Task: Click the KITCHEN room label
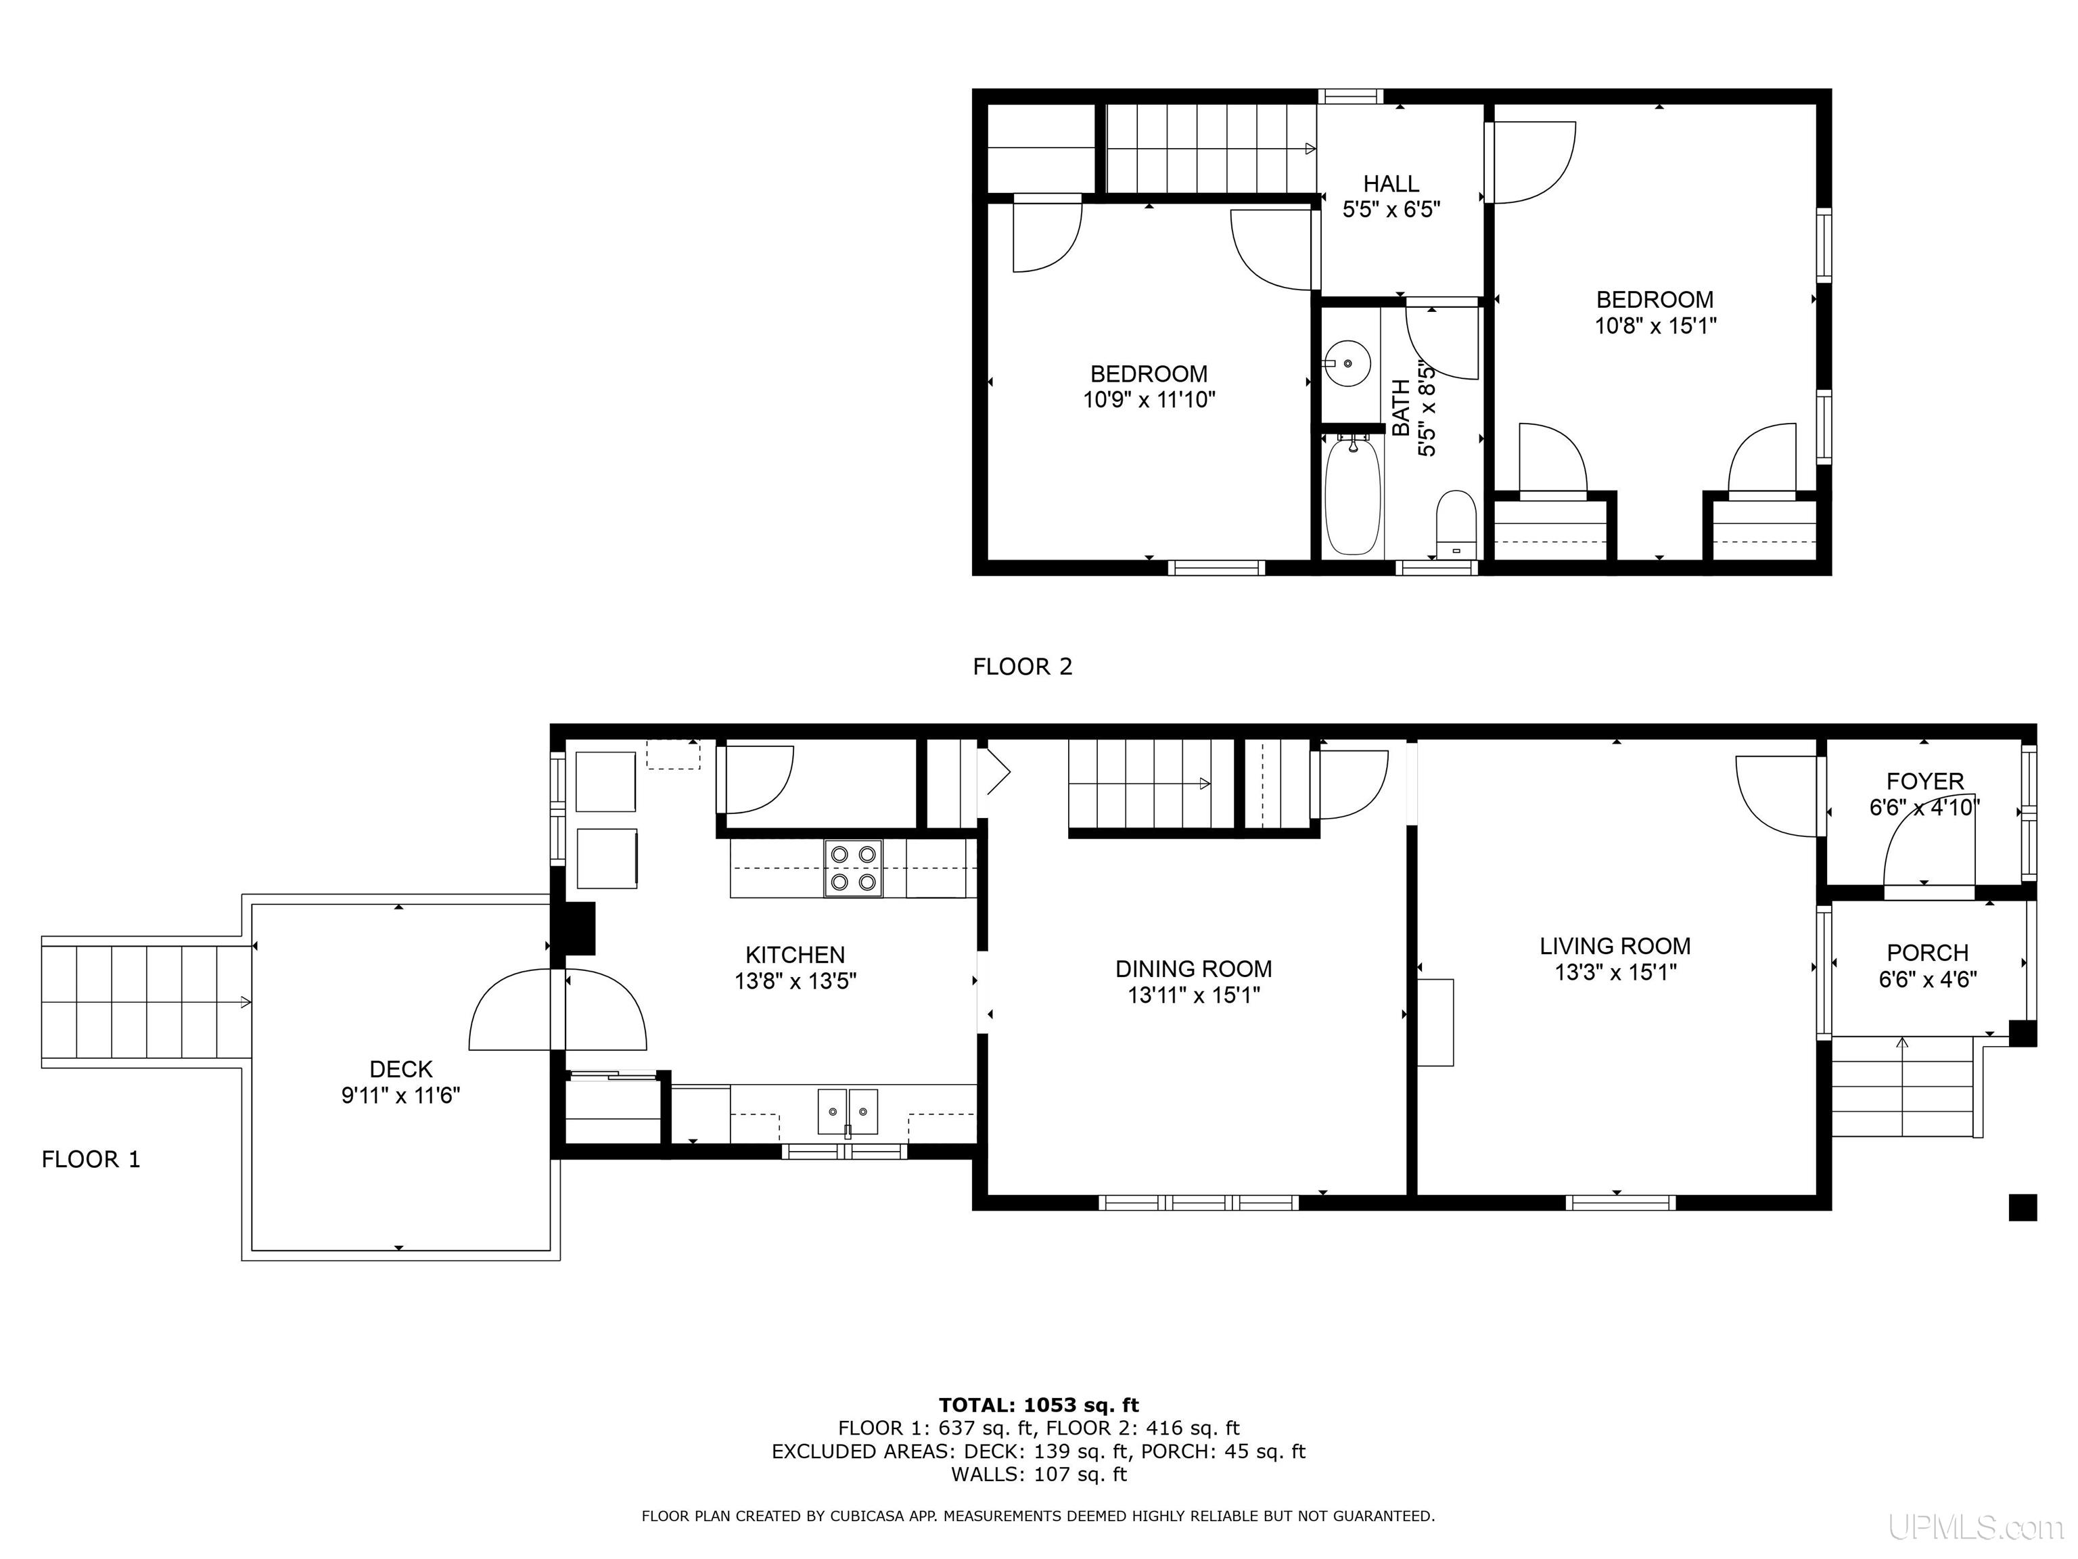pos(795,955)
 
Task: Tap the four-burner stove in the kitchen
pos(853,868)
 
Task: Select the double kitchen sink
pos(848,1112)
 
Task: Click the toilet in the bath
pos(1456,524)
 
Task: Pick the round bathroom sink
pos(1348,363)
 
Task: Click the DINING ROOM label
pos(1193,969)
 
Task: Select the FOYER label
pos(1925,781)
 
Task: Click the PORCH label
pos(1928,953)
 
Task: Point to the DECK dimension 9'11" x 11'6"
pos(400,1095)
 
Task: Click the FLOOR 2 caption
pos(1022,666)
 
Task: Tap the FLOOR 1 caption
pos(91,1160)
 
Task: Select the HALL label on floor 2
pos(1391,184)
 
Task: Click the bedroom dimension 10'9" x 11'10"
pos(1149,399)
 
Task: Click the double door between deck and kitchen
pos(558,1008)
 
